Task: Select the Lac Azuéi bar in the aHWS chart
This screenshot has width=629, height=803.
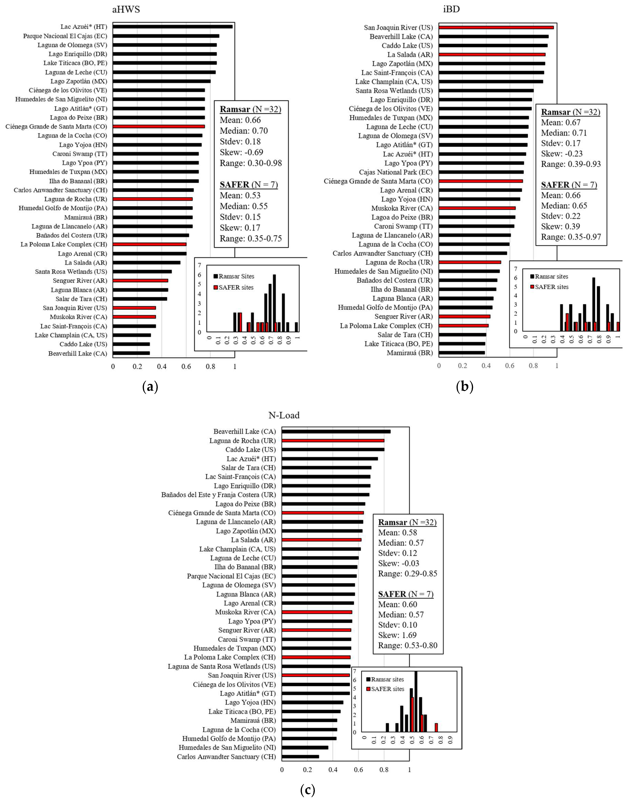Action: (172, 26)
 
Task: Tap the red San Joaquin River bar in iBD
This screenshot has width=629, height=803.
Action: (496, 27)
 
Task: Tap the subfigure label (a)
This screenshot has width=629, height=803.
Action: (150, 387)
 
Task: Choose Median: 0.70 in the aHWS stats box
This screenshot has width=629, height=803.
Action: (244, 131)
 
